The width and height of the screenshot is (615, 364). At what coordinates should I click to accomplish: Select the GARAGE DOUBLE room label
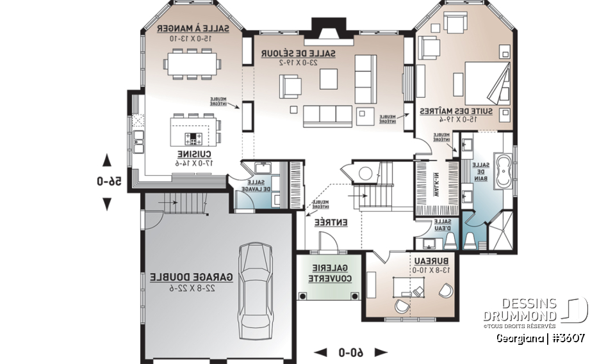coord(184,277)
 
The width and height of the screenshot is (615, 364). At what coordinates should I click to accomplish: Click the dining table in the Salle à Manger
coord(193,64)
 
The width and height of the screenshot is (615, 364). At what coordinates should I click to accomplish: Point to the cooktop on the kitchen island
coord(193,138)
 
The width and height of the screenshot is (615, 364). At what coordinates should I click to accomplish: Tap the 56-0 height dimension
coord(109,181)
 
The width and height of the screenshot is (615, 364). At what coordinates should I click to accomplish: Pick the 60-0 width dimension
coord(351,352)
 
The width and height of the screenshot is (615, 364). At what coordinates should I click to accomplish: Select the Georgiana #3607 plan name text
coord(539,337)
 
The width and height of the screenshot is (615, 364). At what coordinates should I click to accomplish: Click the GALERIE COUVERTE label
coord(330,273)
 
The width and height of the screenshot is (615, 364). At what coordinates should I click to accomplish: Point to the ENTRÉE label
coord(331,223)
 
